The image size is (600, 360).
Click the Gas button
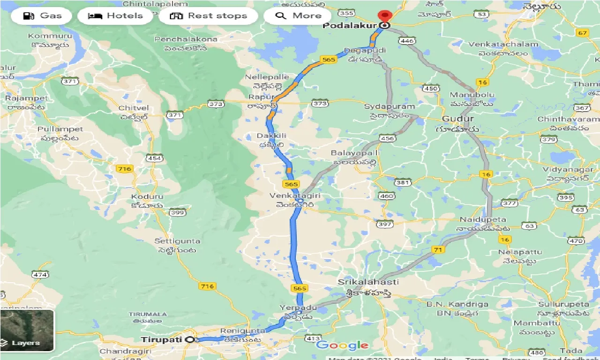tap(42, 16)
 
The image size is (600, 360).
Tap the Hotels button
tap(115, 16)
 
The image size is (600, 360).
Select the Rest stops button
tap(208, 16)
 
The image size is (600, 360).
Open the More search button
tap(298, 16)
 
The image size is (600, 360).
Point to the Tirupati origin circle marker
tap(190, 339)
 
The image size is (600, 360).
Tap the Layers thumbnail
tap(27, 330)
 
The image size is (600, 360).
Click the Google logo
tap(342, 345)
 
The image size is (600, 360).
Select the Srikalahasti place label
tap(368, 282)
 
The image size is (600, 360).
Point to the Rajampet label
tap(26, 98)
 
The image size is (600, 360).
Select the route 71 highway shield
tap(438, 250)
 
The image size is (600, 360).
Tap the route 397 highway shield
tap(384, 225)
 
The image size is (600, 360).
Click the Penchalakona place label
tap(186, 39)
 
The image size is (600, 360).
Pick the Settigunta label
tap(177, 241)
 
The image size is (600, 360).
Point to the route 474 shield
tap(40, 275)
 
